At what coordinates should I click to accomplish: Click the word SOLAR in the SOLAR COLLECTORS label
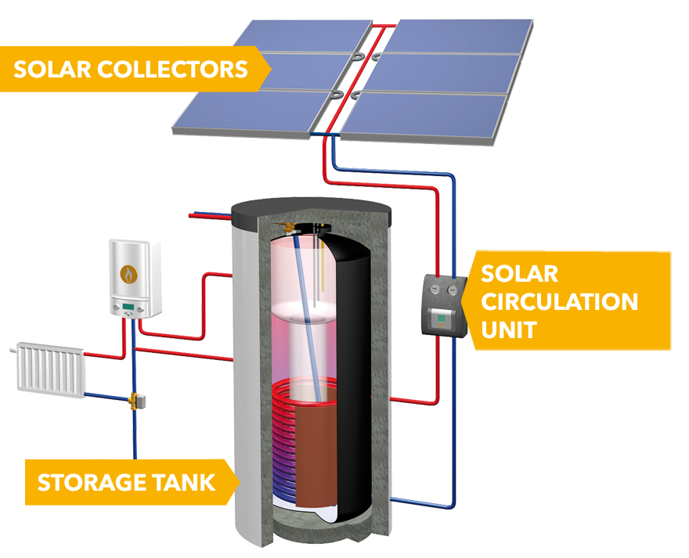(x=51, y=69)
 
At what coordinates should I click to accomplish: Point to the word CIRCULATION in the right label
(x=558, y=301)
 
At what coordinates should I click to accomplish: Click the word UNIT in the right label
(x=508, y=329)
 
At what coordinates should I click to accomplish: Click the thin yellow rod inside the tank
(x=320, y=266)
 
